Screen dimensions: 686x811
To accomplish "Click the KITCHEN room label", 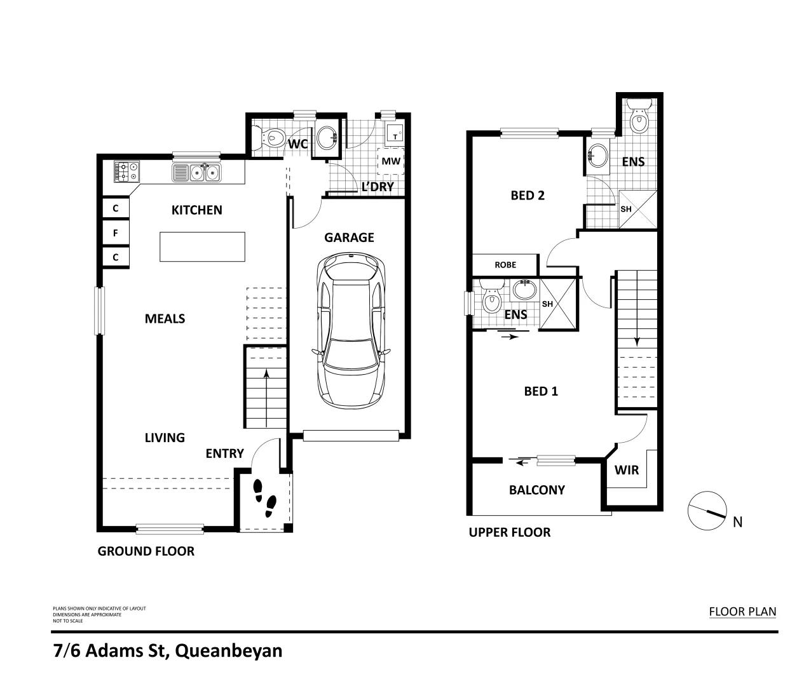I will (x=196, y=210).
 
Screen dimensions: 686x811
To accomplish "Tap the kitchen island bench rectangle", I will (x=202, y=246).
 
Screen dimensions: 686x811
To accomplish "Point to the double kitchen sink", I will (x=196, y=172).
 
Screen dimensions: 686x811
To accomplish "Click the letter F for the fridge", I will (x=116, y=233).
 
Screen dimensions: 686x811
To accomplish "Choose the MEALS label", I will (x=165, y=319).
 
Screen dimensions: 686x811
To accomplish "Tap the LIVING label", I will (x=165, y=438).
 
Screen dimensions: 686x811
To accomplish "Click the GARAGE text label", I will (x=349, y=238).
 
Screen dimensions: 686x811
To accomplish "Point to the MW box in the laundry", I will (x=392, y=161).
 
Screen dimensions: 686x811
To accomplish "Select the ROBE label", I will (x=505, y=265).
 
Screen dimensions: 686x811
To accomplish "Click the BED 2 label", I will (x=528, y=196).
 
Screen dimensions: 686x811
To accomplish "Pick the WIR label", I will (x=626, y=471).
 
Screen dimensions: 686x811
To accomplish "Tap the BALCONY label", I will (x=536, y=490).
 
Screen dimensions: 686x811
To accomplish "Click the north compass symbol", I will (x=707, y=510).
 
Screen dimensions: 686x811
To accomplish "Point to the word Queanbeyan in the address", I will (x=228, y=651).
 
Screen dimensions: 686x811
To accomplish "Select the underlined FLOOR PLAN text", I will (x=742, y=612).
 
